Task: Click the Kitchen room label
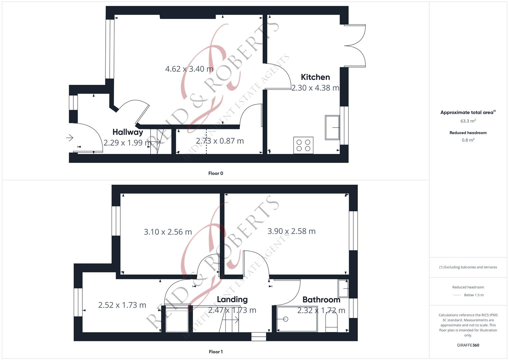pyautogui.click(x=315, y=77)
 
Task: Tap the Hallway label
pyautogui.click(x=128, y=132)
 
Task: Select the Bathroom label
pyautogui.click(x=321, y=300)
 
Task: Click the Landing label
pyautogui.click(x=232, y=299)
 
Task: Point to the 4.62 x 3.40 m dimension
pyautogui.click(x=189, y=69)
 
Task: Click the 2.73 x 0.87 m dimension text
pyautogui.click(x=220, y=141)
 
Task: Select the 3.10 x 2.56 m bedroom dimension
pyautogui.click(x=168, y=232)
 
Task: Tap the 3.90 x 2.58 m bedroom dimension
pyautogui.click(x=291, y=231)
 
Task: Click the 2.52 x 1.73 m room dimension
pyautogui.click(x=122, y=305)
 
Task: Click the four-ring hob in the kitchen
pyautogui.click(x=303, y=145)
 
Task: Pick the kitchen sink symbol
pyautogui.click(x=332, y=127)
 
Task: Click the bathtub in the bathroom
pyautogui.click(x=297, y=319)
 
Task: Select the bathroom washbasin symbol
pyautogui.click(x=343, y=288)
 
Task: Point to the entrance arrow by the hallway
pyautogui.click(x=70, y=137)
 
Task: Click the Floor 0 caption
pyautogui.click(x=216, y=173)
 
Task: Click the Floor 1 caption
pyautogui.click(x=216, y=352)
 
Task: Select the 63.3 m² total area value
pyautogui.click(x=468, y=121)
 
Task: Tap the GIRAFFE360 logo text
pyautogui.click(x=468, y=345)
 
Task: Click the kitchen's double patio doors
pyautogui.click(x=355, y=46)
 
